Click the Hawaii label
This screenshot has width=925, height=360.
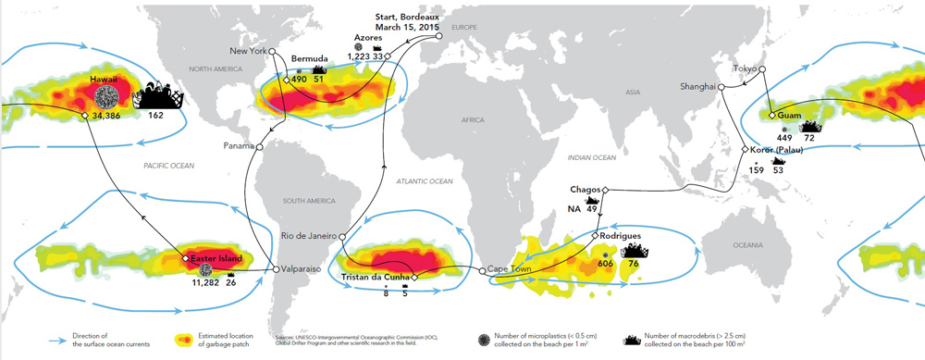point(105,81)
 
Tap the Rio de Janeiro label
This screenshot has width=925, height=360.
point(307,236)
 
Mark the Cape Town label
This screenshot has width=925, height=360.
point(511,270)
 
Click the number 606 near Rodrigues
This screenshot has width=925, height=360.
point(607,264)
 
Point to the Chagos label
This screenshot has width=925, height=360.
point(586,190)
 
